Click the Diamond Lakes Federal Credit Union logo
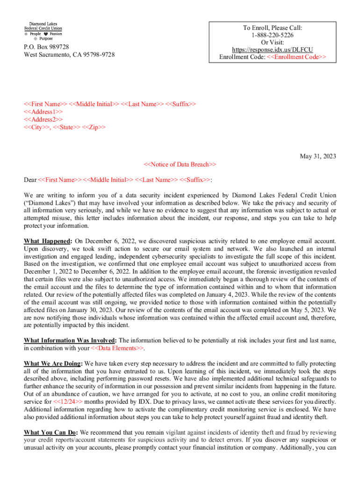43,30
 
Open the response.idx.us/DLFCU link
273,50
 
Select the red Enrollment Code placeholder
293,57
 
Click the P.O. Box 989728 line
47,47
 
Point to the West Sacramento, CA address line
69,55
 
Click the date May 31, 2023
318,156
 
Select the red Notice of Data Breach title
180,164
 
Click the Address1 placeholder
43,112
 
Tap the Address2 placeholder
43,119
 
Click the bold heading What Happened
47,241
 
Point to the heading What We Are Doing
53,363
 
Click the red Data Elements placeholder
117,348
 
